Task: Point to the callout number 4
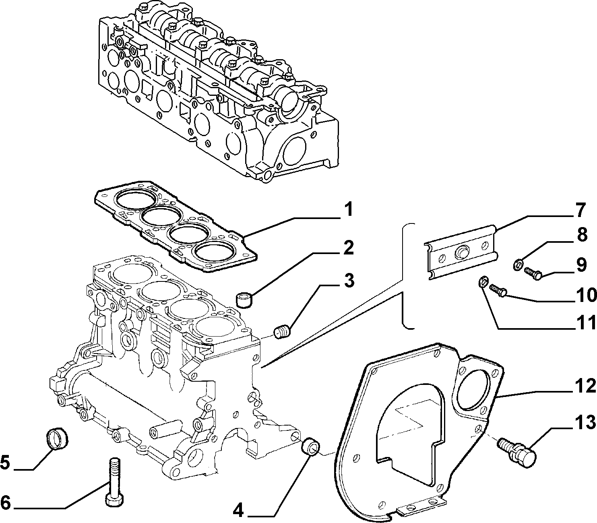(x=238, y=511)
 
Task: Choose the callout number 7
(x=578, y=211)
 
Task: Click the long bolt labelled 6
(x=114, y=481)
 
